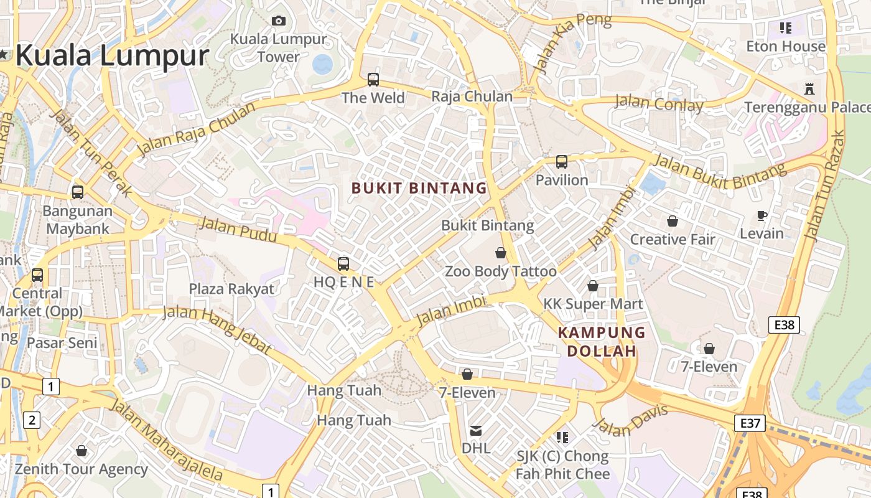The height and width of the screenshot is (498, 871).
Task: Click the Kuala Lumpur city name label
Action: pos(112,56)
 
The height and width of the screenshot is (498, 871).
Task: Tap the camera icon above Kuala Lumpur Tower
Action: pos(279,21)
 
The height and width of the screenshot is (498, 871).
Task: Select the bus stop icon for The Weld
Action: pos(373,80)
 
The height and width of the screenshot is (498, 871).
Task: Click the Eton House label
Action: pos(786,46)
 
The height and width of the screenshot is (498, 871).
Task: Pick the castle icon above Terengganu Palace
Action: pos(809,88)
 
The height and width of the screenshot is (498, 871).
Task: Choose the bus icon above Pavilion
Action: pos(562,162)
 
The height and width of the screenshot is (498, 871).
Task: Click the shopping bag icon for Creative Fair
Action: pos(673,221)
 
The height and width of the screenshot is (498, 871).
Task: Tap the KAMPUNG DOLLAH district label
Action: pos(602,342)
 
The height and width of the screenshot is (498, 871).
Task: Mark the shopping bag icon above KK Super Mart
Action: pos(593,286)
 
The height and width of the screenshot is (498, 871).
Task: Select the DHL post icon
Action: pos(476,430)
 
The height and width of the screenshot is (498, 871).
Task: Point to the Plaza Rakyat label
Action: pos(231,289)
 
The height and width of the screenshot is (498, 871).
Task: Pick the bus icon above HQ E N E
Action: pos(343,263)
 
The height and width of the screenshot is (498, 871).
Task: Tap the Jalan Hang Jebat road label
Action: pos(217,329)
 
